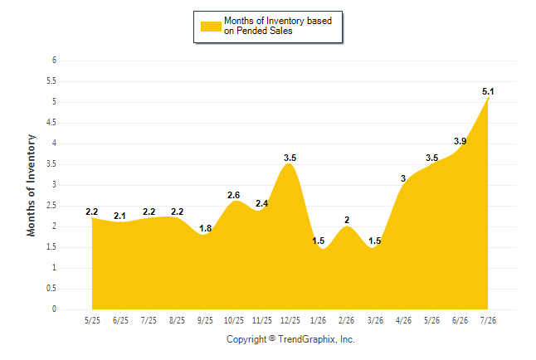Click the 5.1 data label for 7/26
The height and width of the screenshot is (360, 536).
(488, 91)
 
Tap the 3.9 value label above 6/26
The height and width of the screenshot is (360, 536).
(460, 141)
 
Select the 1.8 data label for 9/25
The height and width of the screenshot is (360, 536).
(205, 228)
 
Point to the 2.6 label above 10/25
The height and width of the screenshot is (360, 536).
(233, 195)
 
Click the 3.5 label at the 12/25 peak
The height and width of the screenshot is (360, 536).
(290, 158)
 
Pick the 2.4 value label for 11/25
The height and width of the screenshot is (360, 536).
(262, 203)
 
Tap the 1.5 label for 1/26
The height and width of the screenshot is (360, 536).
(319, 241)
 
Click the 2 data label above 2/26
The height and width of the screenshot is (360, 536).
(347, 220)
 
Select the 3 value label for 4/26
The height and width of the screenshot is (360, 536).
(403, 178)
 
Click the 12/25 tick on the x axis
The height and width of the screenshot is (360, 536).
(290, 320)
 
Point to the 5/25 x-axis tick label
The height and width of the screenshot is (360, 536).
(92, 320)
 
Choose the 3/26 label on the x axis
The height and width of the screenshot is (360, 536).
(375, 320)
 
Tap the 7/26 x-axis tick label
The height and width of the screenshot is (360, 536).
(488, 320)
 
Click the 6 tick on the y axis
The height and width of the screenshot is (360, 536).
(54, 61)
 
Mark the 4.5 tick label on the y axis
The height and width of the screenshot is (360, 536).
(51, 123)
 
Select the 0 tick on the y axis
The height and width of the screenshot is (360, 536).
(54, 309)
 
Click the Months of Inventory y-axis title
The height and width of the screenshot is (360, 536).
(31, 185)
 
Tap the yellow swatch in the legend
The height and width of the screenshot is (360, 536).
(211, 27)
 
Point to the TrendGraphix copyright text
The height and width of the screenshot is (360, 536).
(290, 339)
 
